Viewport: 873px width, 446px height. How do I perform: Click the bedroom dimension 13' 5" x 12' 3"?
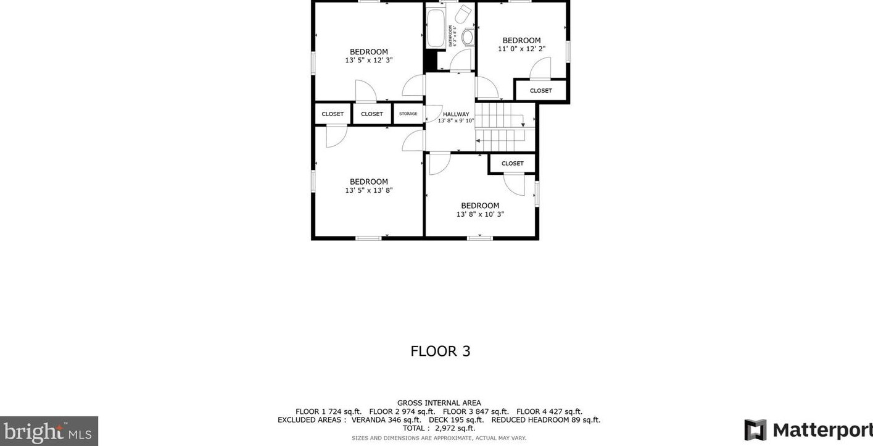point(369,61)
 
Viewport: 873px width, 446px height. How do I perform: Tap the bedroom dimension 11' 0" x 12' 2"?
point(521,49)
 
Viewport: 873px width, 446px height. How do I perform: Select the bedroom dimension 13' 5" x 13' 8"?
point(369,191)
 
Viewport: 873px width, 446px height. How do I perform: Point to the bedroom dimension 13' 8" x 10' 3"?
point(480,214)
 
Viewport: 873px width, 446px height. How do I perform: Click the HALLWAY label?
point(456,114)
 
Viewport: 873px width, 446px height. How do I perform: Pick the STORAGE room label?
point(408,114)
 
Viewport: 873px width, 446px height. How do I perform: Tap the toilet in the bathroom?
point(468,37)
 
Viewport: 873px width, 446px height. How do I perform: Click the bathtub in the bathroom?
point(436,28)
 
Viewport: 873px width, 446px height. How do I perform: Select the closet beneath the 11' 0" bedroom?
point(541,91)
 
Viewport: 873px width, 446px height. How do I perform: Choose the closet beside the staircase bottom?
point(512,164)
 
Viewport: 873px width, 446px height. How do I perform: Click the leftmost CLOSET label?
point(333,114)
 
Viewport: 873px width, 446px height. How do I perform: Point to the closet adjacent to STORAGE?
point(372,114)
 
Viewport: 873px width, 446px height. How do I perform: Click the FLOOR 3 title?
point(441,351)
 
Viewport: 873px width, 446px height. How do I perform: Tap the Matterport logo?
point(807,429)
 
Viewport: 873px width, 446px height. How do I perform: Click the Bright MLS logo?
point(49,431)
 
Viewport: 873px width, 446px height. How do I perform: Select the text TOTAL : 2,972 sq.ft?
point(439,428)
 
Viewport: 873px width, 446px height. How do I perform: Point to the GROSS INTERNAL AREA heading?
point(439,403)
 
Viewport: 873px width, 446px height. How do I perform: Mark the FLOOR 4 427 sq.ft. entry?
point(549,411)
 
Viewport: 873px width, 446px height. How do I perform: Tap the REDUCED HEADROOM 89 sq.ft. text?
point(545,420)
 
